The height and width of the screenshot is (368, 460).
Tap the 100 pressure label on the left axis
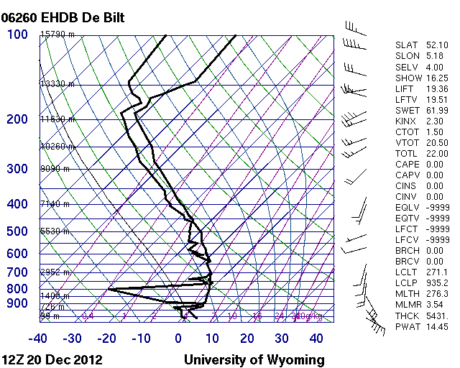(x=17, y=34)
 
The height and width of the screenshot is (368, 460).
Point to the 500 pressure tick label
(x=17, y=231)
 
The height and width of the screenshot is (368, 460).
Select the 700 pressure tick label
(x=17, y=273)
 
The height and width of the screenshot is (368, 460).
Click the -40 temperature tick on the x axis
(x=38, y=339)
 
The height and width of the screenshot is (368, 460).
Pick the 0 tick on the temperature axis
(x=178, y=339)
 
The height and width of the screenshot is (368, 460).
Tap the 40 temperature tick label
(x=317, y=339)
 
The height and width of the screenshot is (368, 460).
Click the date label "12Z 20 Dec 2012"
(x=52, y=359)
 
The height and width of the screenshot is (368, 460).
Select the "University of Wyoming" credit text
(x=254, y=359)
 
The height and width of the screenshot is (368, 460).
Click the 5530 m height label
(x=55, y=231)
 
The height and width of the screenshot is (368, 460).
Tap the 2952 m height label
(x=55, y=272)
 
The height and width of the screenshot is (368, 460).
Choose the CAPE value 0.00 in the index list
(x=434, y=164)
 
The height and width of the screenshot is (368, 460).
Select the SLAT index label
(x=406, y=45)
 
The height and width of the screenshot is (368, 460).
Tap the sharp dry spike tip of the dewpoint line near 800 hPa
(x=109, y=289)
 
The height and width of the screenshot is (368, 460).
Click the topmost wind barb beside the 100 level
(x=352, y=27)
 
